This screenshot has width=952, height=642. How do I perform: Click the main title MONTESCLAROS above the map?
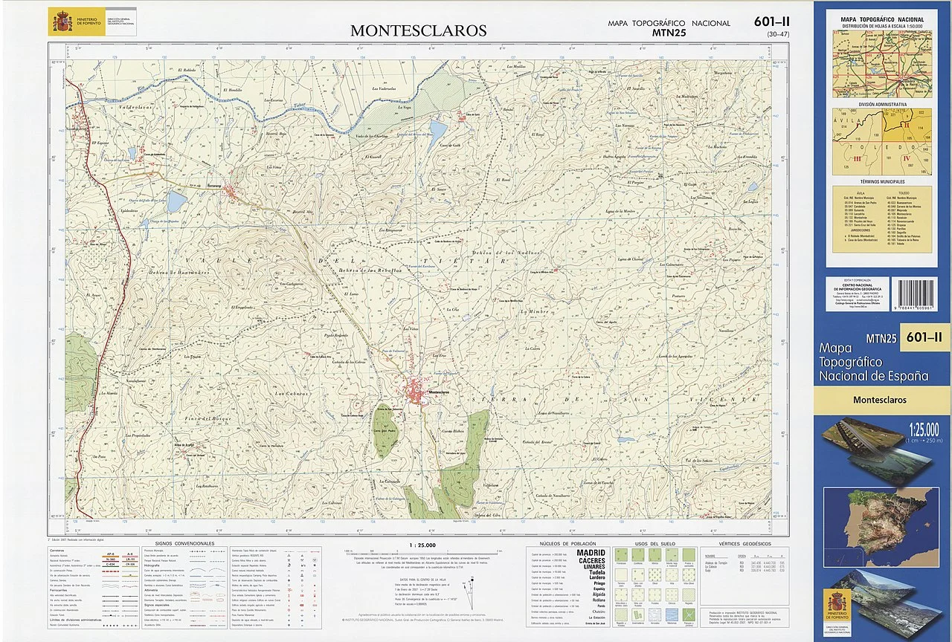[418, 30]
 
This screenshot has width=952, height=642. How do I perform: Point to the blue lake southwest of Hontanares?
[176, 201]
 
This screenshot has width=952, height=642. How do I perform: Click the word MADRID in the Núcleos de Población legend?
[591, 553]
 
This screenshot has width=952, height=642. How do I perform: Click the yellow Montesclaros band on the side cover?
[882, 400]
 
